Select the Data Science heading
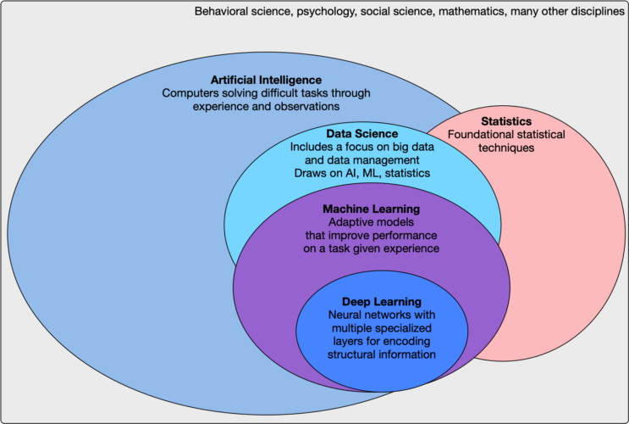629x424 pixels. click(x=362, y=134)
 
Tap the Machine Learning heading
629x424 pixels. click(x=371, y=209)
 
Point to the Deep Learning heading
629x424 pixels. click(x=381, y=301)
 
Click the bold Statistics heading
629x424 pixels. click(x=506, y=121)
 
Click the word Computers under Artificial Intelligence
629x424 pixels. click(x=190, y=93)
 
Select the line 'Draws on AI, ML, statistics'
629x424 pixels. click(x=362, y=173)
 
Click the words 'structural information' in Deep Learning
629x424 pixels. click(x=381, y=354)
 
